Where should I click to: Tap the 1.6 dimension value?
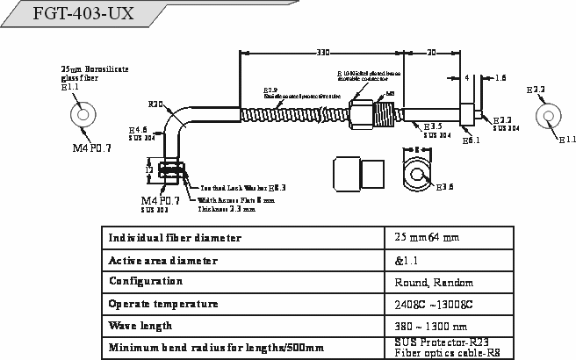click(x=500, y=78)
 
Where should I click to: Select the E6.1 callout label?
click(x=470, y=140)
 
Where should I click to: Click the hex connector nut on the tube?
click(x=364, y=113)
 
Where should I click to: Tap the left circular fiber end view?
click(x=83, y=114)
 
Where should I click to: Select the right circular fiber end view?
click(x=550, y=116)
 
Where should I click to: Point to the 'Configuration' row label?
click(x=146, y=282)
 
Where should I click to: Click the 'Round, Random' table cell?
click(x=435, y=283)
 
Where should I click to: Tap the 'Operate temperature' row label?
click(x=162, y=304)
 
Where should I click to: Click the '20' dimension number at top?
click(x=431, y=52)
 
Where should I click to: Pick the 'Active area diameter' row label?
click(x=162, y=261)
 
